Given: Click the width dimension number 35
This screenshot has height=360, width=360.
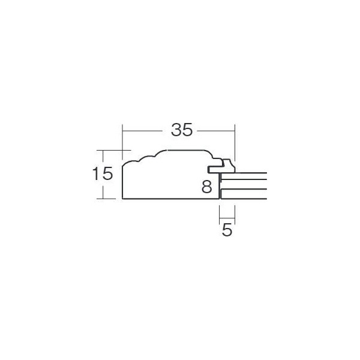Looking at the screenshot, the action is (x=182, y=130).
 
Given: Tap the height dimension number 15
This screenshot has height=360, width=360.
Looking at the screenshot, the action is (x=103, y=173).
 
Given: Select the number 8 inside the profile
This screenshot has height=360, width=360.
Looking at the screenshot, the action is (x=206, y=186).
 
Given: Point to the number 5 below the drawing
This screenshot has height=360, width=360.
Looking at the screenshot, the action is (x=227, y=230).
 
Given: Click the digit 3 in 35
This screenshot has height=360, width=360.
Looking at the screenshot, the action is (x=176, y=130).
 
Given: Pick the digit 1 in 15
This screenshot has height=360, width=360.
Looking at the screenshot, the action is (x=95, y=173).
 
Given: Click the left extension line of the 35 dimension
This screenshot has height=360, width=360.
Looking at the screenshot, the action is (x=122, y=142).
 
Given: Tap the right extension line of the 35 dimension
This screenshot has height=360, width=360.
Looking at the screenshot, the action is (x=235, y=143).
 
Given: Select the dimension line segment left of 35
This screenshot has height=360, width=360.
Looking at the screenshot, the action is (x=142, y=131).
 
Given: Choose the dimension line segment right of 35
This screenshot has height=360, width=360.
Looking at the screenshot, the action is (x=216, y=131).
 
